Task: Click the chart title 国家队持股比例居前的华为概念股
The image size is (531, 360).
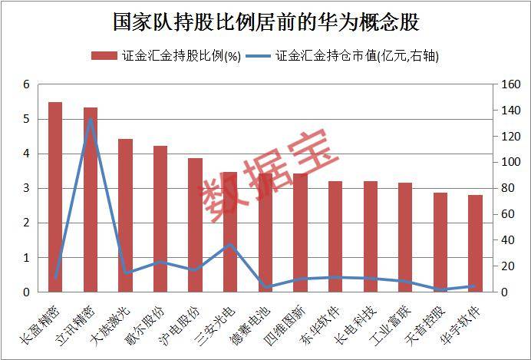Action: coord(265,21)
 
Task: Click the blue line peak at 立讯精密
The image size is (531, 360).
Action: coord(91,119)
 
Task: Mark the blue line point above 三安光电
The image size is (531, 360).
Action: coord(229,245)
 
